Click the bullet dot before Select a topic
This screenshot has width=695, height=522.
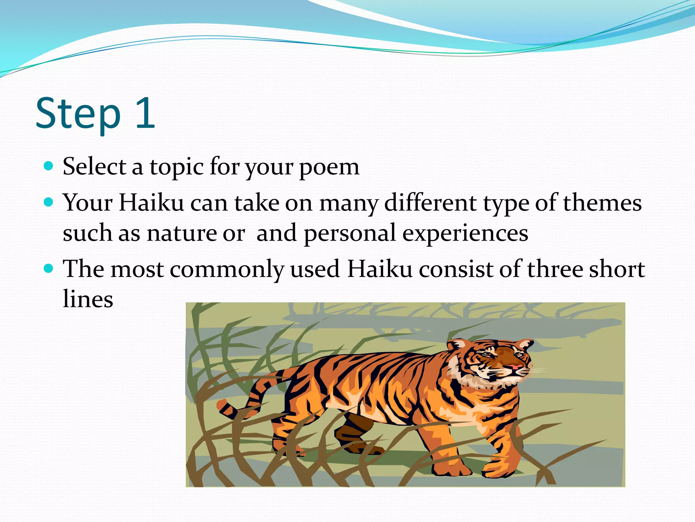point(49,166)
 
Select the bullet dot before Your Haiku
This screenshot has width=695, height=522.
point(49,203)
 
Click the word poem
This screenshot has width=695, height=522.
point(329,167)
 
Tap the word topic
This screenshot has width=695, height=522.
point(176,167)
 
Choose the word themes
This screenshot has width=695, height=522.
point(602,203)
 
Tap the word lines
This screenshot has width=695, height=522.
point(88,299)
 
